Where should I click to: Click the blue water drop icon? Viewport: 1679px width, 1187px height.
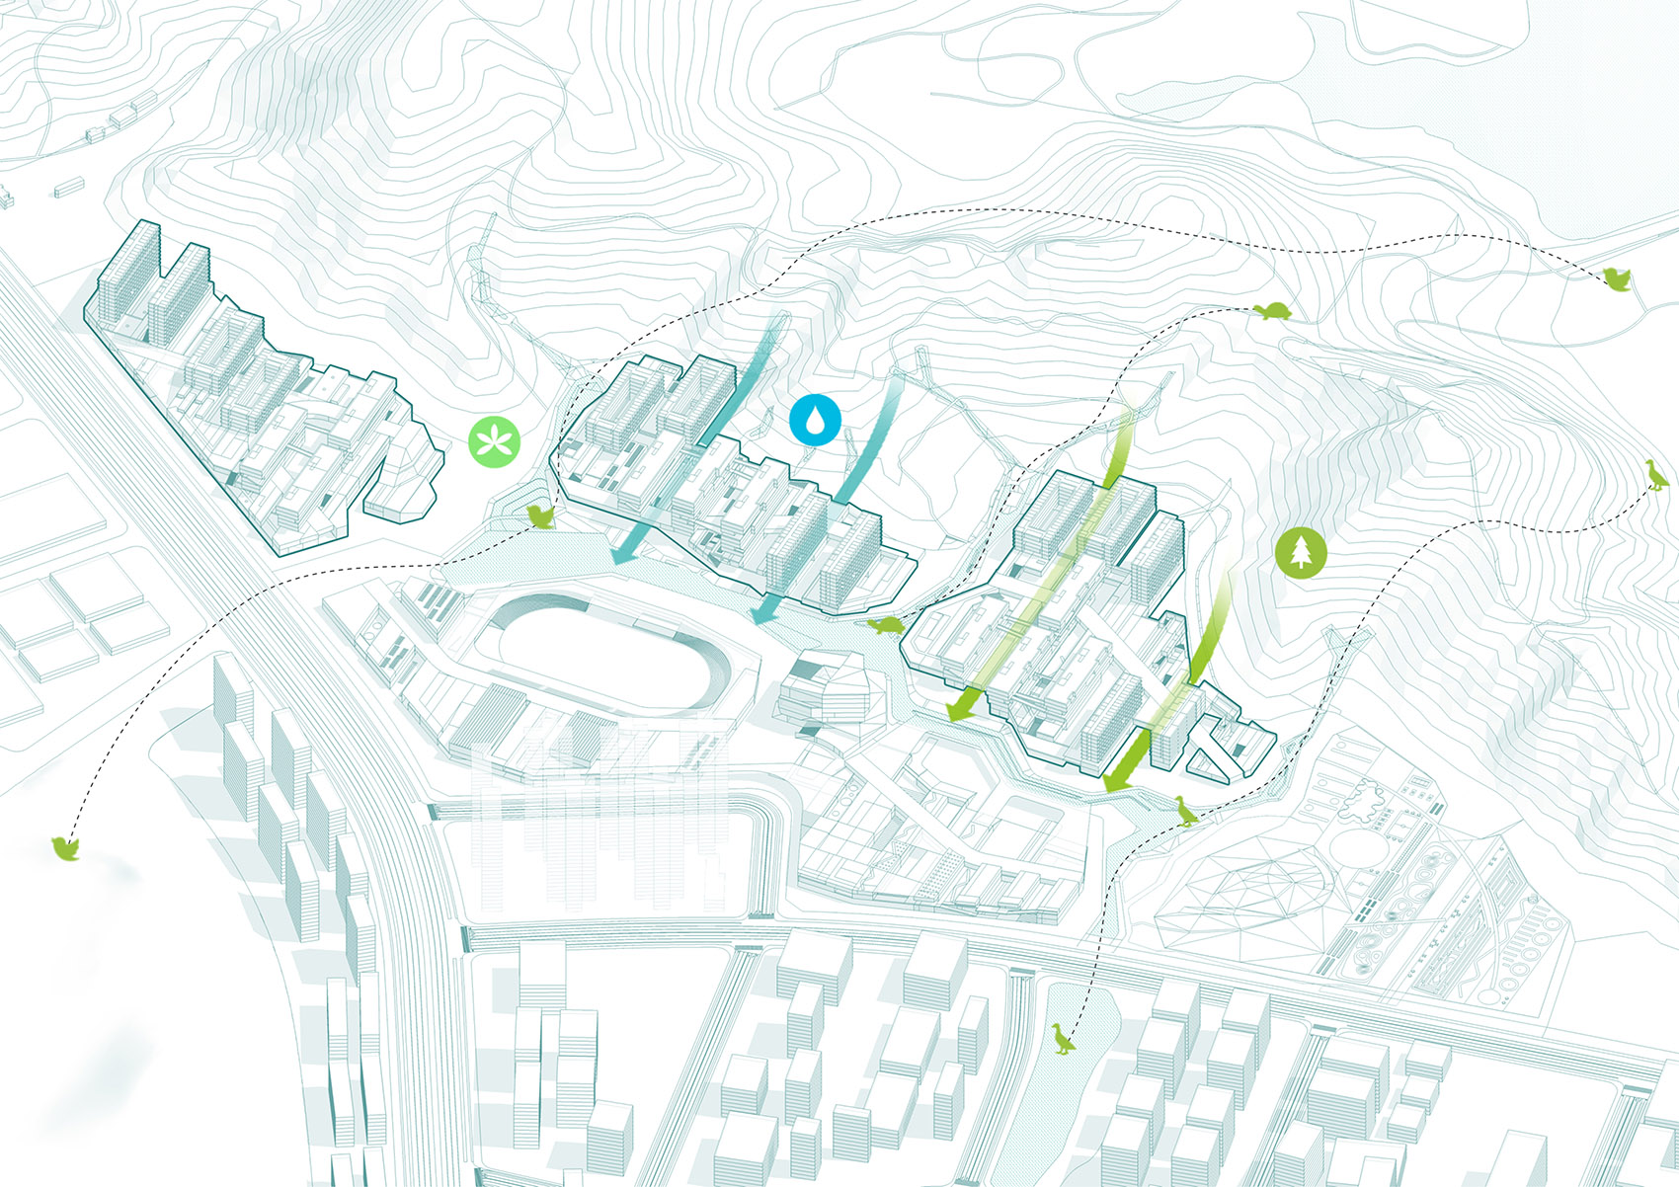[x=815, y=419]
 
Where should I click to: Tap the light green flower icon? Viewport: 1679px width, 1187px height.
[x=495, y=440]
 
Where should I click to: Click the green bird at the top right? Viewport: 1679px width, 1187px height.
[x=1617, y=280]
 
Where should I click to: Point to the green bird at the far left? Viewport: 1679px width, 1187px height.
[x=65, y=848]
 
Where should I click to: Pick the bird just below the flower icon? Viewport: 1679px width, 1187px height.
[x=541, y=515]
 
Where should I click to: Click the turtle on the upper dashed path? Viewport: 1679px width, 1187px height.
[x=1273, y=311]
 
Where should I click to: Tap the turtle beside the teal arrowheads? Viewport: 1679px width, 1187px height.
[x=887, y=626]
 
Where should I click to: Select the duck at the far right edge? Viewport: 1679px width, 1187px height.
[x=1656, y=476]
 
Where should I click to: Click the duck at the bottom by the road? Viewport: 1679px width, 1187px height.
[x=1062, y=1039]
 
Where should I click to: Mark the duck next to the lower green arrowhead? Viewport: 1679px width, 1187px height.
[x=1184, y=812]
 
